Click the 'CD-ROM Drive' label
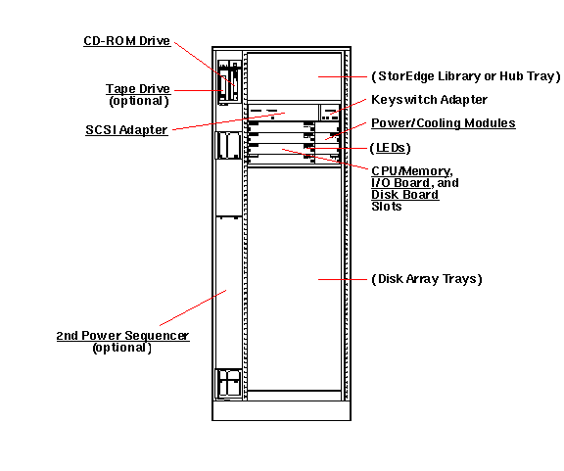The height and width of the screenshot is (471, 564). click(126, 41)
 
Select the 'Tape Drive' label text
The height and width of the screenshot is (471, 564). click(137, 89)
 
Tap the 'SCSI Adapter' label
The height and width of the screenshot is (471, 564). click(126, 130)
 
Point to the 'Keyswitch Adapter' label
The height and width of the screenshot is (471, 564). click(429, 100)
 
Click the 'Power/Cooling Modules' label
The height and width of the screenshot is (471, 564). click(443, 123)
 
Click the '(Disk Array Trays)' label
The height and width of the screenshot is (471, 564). click(427, 279)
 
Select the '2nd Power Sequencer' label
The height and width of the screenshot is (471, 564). click(122, 336)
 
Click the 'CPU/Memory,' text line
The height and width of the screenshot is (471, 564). click(411, 171)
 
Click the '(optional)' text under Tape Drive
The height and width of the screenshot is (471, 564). click(138, 100)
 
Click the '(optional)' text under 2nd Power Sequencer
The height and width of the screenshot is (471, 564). click(121, 347)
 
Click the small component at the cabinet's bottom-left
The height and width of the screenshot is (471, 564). click(228, 383)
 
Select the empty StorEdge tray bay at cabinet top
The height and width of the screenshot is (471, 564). click(294, 76)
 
